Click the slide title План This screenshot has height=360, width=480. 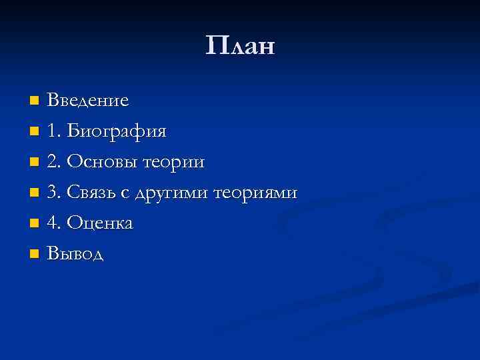tap(240, 47)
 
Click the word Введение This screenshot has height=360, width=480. tap(88, 101)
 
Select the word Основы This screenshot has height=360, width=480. tap(104, 162)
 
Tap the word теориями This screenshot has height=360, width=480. tap(255, 193)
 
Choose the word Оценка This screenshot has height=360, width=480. tap(101, 223)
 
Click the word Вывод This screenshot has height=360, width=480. tap(76, 254)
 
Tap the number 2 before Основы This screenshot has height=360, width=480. tap(53, 162)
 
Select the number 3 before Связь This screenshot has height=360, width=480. tap(53, 193)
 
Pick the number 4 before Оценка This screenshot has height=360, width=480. tap(53, 223)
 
